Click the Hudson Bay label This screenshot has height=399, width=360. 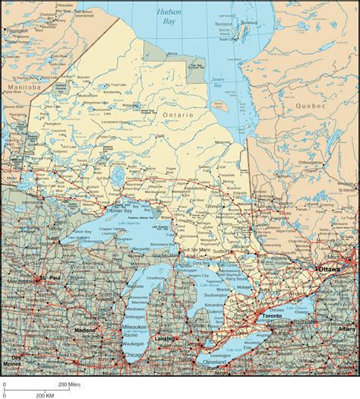(x=169, y=17)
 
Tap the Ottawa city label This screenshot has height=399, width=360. (x=329, y=269)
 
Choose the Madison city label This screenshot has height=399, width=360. (x=86, y=330)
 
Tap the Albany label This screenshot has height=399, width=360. (x=346, y=329)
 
